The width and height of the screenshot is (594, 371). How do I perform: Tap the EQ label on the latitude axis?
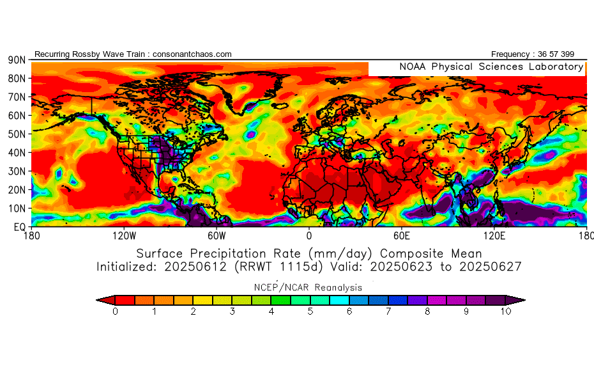[20, 226]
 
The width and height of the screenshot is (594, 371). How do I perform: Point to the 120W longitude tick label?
[124, 236]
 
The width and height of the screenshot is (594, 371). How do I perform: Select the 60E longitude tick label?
[401, 236]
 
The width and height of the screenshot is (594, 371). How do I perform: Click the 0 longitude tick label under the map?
[309, 236]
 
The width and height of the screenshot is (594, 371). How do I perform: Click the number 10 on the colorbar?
[505, 312]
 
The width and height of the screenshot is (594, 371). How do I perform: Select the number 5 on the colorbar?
[310, 312]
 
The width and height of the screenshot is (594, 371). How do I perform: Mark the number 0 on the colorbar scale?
[115, 312]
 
